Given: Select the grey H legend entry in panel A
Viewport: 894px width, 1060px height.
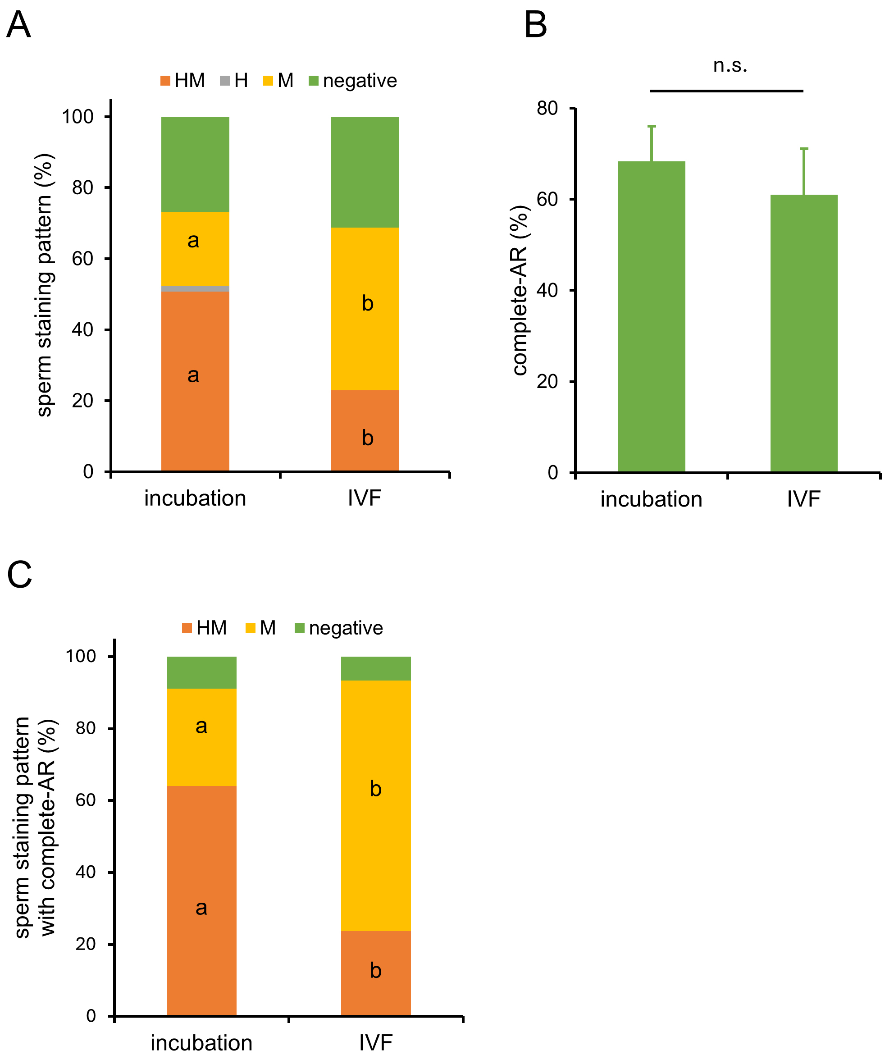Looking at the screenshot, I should tap(234, 81).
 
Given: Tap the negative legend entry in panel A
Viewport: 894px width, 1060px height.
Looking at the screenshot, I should tap(353, 81).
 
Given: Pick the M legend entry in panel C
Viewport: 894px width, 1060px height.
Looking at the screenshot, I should tap(260, 628).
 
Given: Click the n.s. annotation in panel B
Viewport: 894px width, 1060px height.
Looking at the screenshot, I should tap(730, 65).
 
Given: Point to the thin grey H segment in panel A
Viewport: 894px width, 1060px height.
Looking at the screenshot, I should tap(195, 288).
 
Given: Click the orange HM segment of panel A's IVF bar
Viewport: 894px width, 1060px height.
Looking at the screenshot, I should tap(365, 430).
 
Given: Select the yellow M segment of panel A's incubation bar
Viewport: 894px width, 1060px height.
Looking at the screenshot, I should tap(195, 248).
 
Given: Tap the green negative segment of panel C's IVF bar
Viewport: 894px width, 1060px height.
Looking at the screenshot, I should tap(375, 668).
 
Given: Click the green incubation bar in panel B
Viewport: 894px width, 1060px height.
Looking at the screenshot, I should tap(651, 316).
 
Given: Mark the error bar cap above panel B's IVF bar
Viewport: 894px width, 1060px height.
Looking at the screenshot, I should tap(804, 149).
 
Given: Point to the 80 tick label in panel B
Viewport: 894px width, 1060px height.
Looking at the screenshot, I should tap(547, 108).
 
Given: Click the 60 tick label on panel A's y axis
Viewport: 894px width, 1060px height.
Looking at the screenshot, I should tap(82, 259).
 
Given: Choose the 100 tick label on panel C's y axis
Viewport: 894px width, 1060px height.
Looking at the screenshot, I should tap(81, 656).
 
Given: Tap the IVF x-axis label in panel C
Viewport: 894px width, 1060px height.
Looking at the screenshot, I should tap(375, 1042).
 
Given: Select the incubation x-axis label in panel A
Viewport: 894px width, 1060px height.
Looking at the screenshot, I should tap(195, 498).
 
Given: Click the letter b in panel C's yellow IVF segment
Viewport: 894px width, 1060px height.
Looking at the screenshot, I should tap(375, 789).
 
